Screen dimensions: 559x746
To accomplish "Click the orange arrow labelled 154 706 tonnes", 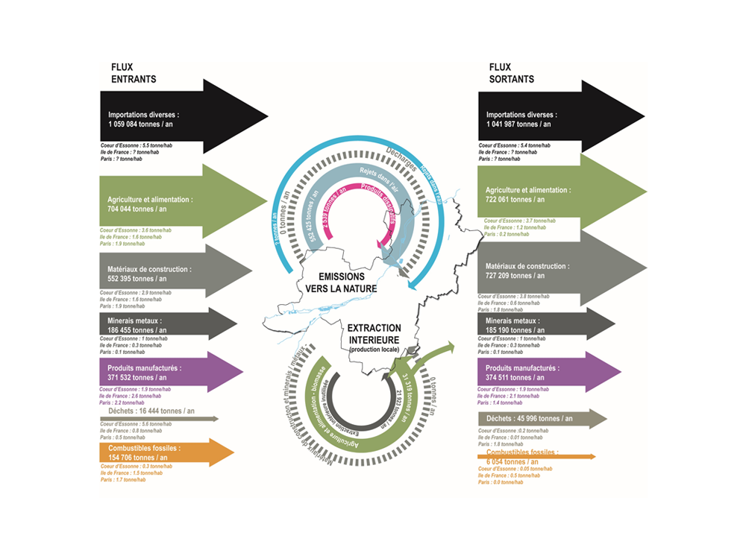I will click(164, 452).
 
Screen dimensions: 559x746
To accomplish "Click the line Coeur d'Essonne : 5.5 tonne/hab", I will click(137, 145).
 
